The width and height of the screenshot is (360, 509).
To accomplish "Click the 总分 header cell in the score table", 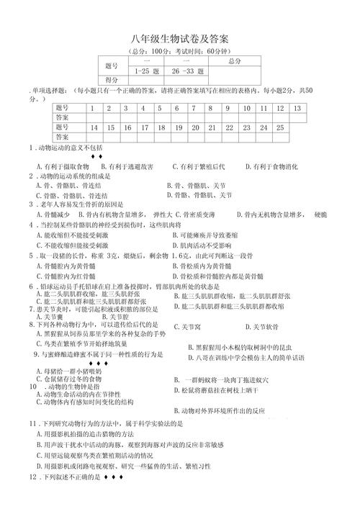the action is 234,62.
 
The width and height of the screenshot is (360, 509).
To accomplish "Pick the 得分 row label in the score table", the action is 112,81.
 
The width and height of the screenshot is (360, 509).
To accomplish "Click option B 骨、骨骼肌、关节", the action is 196,185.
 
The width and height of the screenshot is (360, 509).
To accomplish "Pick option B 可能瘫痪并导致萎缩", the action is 214,235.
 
